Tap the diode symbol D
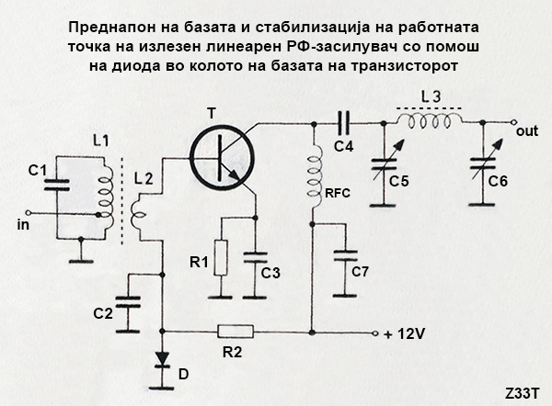click(x=165, y=359)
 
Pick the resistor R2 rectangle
click(x=236, y=332)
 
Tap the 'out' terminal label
click(x=527, y=131)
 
